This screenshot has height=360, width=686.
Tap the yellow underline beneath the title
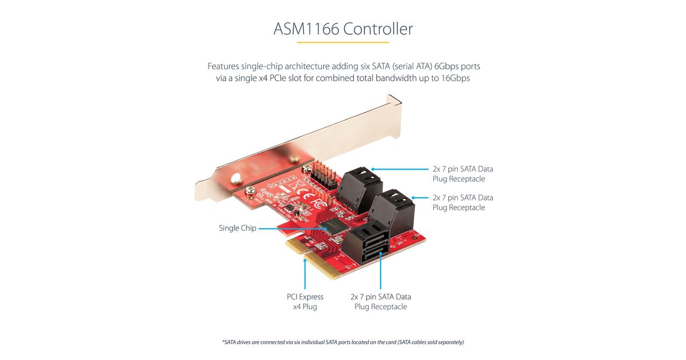[x=342, y=42]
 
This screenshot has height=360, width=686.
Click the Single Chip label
[x=237, y=228]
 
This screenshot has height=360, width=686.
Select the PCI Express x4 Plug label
[x=305, y=302]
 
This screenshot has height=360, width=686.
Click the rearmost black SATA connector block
[x=360, y=186]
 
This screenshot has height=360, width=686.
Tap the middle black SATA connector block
[x=392, y=209]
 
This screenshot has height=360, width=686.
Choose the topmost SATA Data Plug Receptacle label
[x=462, y=174]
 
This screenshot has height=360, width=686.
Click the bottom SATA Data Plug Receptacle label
[x=380, y=302]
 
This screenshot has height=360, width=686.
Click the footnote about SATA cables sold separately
[x=342, y=342]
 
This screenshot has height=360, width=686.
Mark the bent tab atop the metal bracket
[x=394, y=103]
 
